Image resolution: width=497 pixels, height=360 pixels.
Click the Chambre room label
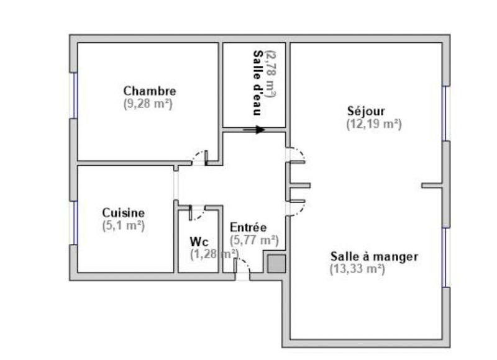click(149, 92)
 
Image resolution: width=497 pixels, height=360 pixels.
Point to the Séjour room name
click(366, 112)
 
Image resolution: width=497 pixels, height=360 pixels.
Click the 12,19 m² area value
click(373, 124)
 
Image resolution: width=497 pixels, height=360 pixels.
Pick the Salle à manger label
click(374, 256)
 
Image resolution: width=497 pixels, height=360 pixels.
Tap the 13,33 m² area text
click(357, 269)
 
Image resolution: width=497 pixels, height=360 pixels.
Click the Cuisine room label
click(124, 213)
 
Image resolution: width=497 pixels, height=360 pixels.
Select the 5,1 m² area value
click(124, 225)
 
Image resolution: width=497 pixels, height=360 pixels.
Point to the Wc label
click(199, 241)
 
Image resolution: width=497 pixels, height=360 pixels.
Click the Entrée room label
click(248, 227)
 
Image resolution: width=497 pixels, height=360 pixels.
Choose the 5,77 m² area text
click(254, 240)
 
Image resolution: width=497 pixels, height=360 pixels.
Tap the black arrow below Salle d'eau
click(253, 130)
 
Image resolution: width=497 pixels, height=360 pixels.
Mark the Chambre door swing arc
click(200, 158)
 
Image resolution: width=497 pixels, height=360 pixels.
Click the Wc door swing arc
click(198, 214)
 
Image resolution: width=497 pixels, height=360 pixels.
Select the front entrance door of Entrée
click(242, 268)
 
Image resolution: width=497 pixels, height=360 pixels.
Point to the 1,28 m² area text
click(214, 253)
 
